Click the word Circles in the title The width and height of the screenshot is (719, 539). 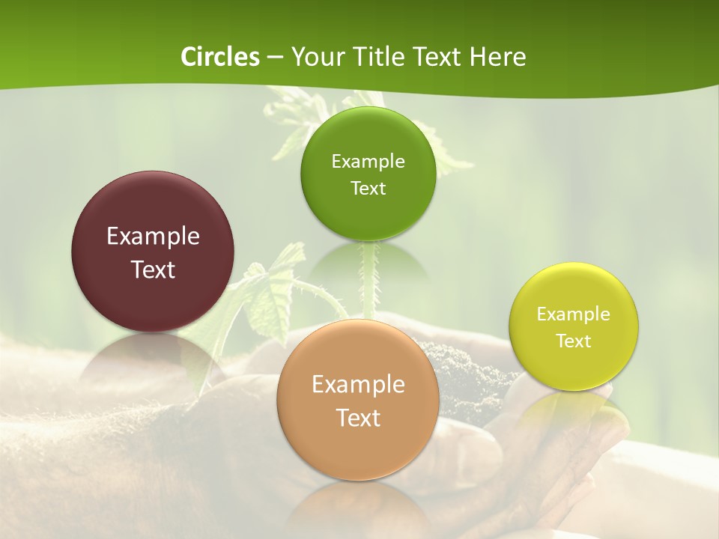click(220, 57)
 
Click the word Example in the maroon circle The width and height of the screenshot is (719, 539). click(153, 237)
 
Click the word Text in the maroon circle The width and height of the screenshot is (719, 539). click(153, 270)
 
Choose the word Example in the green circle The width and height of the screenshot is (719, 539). click(368, 162)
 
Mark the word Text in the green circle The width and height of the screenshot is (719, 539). click(368, 189)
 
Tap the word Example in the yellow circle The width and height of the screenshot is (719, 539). click(574, 314)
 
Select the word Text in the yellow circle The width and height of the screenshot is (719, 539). click(574, 341)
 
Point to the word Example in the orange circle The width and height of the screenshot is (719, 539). click(358, 385)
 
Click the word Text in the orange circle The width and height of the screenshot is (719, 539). click(358, 418)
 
